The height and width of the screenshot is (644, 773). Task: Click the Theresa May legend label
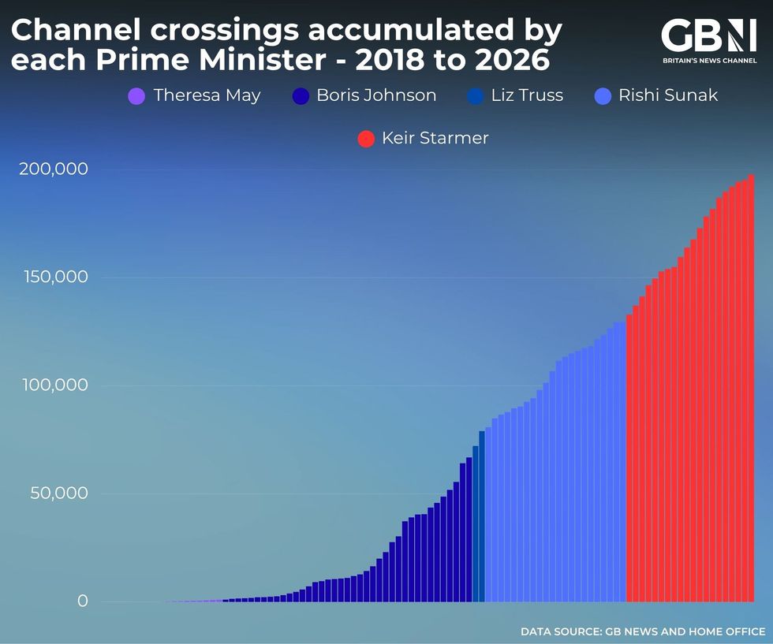[x=207, y=95]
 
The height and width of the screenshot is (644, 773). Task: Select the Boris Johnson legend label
[x=375, y=95]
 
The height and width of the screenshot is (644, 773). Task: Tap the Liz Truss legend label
[x=526, y=95]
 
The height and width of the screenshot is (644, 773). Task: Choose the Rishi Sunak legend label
[x=667, y=95]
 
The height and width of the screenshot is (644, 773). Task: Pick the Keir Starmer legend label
[x=435, y=138]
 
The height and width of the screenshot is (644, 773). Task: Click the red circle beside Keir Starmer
[x=366, y=139]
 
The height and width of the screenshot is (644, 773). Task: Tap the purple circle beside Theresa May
[x=136, y=97]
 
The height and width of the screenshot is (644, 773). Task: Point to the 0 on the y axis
[x=82, y=601]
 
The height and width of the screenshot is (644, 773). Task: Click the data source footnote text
[x=642, y=631]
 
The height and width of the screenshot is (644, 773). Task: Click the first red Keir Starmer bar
[x=629, y=457]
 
